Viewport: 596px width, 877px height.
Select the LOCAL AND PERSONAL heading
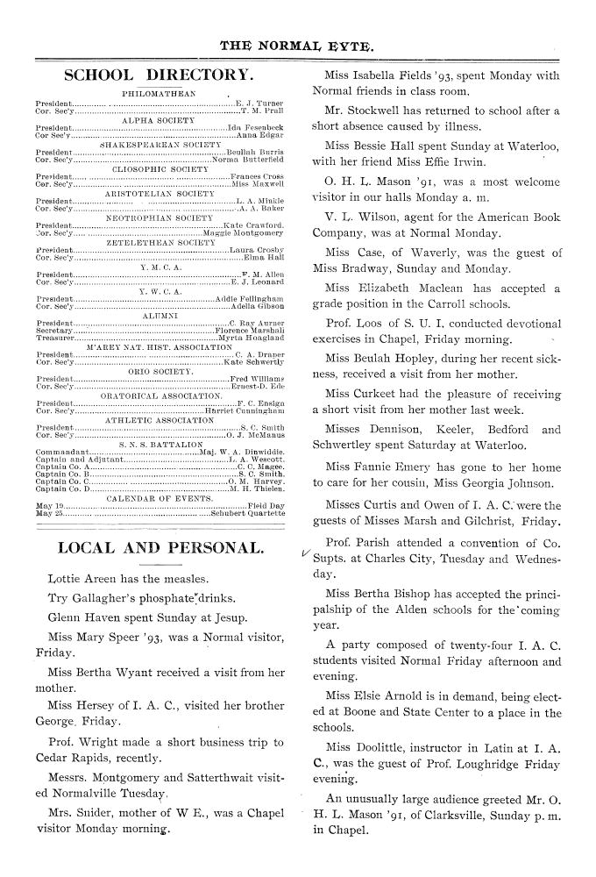pos(160,549)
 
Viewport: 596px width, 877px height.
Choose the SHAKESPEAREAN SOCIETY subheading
pos(156,145)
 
